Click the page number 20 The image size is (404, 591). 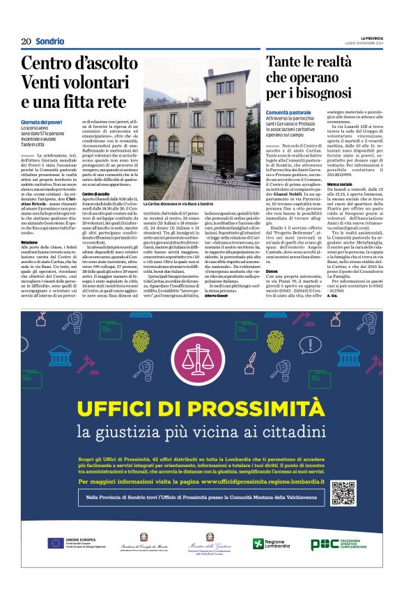coord(26,42)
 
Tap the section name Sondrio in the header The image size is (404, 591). coord(50,42)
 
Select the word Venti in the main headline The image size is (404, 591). coord(43,82)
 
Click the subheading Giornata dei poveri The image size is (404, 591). coord(40,123)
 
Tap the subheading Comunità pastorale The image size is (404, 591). coord(288,112)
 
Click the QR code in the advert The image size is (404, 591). coord(343,493)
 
